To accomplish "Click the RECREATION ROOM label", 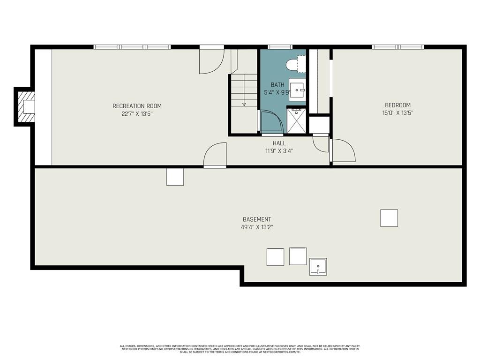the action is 137,106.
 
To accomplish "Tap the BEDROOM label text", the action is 397,105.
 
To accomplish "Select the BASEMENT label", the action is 257,219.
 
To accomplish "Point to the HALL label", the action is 279,143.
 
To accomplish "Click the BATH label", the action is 277,85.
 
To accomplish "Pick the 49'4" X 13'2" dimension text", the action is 257,227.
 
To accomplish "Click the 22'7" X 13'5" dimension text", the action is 137,114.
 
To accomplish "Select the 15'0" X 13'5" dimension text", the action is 397,112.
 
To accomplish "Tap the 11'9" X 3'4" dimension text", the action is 279,150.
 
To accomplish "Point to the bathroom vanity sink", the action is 297,90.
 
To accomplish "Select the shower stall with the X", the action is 296,120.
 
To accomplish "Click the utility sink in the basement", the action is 318,267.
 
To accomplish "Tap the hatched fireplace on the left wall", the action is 26,106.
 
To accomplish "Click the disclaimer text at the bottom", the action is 240,349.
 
